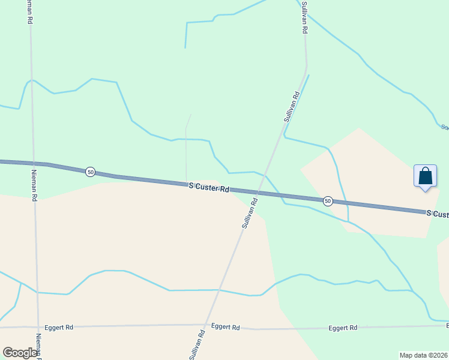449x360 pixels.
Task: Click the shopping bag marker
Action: pos(425,177)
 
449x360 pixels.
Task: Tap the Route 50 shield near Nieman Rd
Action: pos(90,172)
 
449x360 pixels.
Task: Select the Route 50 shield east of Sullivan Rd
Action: pos(327,200)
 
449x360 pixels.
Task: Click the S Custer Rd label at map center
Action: pos(209,188)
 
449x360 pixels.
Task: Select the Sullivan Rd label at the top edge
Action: pos(304,17)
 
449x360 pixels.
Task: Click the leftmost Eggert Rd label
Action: pos(61,327)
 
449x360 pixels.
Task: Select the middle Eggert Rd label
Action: pos(225,327)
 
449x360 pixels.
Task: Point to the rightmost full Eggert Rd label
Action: pos(343,328)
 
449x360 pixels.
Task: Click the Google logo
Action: pos(20,353)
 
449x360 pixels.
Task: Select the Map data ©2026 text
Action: pos(423,355)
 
